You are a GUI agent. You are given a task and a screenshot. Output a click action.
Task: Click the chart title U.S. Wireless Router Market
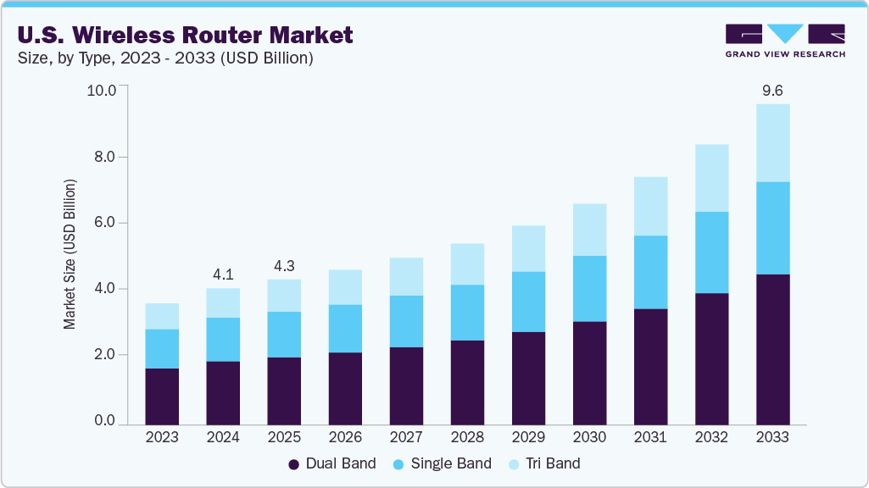(x=185, y=35)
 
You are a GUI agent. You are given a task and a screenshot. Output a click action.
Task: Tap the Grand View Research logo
(x=784, y=41)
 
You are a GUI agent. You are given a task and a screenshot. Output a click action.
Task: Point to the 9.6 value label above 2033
(x=772, y=90)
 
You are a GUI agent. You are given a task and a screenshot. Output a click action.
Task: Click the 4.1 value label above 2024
(x=223, y=274)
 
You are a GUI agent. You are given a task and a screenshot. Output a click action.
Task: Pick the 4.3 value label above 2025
(x=284, y=265)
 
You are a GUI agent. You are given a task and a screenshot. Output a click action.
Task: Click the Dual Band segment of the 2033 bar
(x=772, y=348)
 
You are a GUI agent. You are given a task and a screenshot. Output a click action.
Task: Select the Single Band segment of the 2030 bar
(x=589, y=288)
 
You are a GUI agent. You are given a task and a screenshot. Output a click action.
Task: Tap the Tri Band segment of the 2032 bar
(x=711, y=178)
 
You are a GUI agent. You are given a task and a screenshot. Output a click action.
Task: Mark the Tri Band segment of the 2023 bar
(x=162, y=316)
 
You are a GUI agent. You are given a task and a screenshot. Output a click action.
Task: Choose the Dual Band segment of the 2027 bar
(x=406, y=385)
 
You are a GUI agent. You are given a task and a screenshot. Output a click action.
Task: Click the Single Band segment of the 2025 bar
(x=284, y=334)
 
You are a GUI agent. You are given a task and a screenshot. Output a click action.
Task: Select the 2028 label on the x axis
(x=467, y=437)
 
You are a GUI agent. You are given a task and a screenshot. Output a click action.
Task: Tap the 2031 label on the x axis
(x=650, y=437)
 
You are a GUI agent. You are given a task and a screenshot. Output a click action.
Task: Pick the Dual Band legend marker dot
(x=294, y=464)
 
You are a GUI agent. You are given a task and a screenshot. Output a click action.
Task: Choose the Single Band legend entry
(x=442, y=463)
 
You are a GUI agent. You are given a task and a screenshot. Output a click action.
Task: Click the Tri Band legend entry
(x=543, y=463)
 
